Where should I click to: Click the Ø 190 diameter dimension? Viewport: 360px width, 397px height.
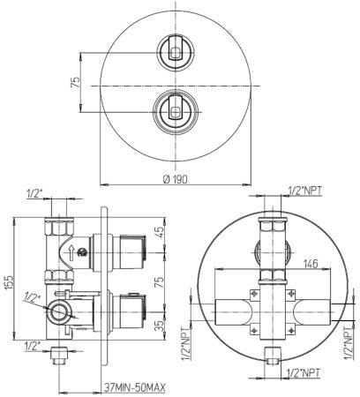click(x=176, y=179)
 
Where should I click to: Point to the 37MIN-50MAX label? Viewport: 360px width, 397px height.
click(x=135, y=387)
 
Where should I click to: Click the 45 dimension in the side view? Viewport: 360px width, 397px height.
click(x=159, y=232)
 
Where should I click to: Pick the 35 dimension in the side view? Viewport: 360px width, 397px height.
click(x=159, y=326)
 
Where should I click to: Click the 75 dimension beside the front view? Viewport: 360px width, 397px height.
click(x=76, y=82)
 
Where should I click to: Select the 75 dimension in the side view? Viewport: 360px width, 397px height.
click(x=159, y=282)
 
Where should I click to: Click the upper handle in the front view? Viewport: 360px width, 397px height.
click(x=176, y=48)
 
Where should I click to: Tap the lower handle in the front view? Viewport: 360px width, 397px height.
click(x=176, y=107)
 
